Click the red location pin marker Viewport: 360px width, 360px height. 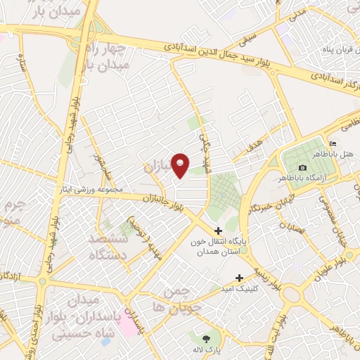pyautogui.click(x=181, y=165)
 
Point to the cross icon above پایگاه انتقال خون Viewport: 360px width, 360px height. pyautogui.click(x=218, y=231)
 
